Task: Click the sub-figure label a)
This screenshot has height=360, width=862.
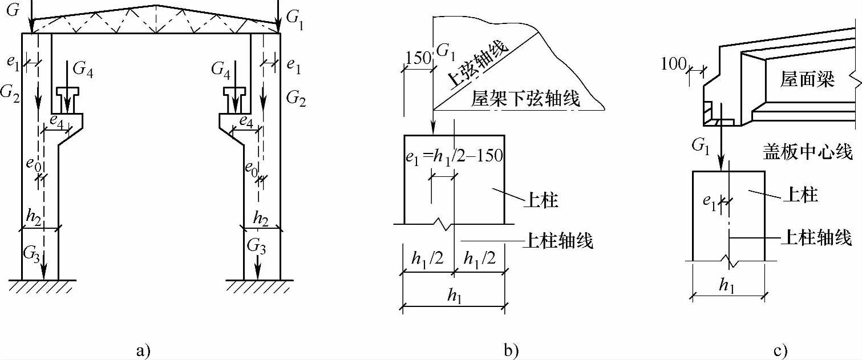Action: pos(144,351)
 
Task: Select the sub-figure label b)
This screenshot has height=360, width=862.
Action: pos(512,351)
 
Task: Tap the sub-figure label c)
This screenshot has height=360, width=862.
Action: pos(781,351)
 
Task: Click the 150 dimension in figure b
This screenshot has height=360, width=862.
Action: pos(418,58)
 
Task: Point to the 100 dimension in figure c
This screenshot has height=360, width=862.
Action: pos(673,64)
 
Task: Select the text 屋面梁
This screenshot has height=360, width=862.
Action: pos(807,79)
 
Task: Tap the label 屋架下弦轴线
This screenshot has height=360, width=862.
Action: pos(525,99)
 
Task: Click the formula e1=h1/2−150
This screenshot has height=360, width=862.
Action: pos(454,156)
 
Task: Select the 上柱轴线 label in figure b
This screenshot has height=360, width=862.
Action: pos(558,241)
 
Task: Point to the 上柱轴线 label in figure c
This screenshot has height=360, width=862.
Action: pos(816,237)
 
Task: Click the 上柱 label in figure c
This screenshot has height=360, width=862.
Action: pos(800,195)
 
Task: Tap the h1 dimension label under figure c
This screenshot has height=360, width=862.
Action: pos(727,286)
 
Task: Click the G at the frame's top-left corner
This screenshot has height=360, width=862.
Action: pos(13,10)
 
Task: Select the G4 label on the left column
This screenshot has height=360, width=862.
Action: pos(83,70)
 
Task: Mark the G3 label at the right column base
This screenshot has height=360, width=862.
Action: pos(257,246)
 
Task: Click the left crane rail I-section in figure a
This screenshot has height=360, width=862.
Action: pos(67,100)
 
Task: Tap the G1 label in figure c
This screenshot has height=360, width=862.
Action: pos(701,146)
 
